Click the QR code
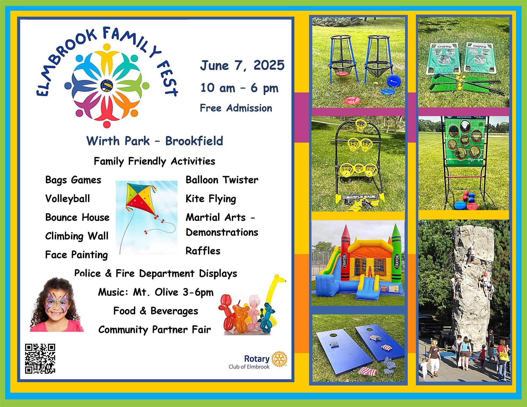(x=40, y=359)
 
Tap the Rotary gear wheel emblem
(x=279, y=359)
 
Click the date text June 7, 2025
(x=242, y=65)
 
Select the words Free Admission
(x=236, y=108)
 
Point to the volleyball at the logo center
(x=107, y=86)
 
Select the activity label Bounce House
(x=77, y=217)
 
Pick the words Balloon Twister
(x=222, y=180)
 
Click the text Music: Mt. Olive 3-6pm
(x=156, y=292)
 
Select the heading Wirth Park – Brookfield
(x=155, y=141)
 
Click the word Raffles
(x=203, y=251)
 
